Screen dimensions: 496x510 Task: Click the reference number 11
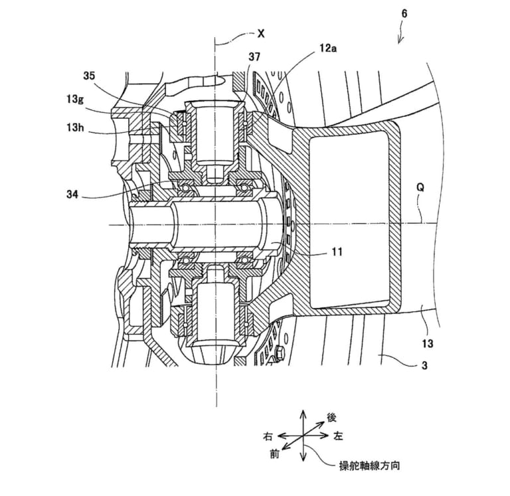click(x=339, y=252)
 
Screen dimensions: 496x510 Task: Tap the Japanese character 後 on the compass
click(x=332, y=418)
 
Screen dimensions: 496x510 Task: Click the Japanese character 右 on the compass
click(x=268, y=437)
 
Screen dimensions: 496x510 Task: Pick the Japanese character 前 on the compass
click(x=274, y=455)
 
